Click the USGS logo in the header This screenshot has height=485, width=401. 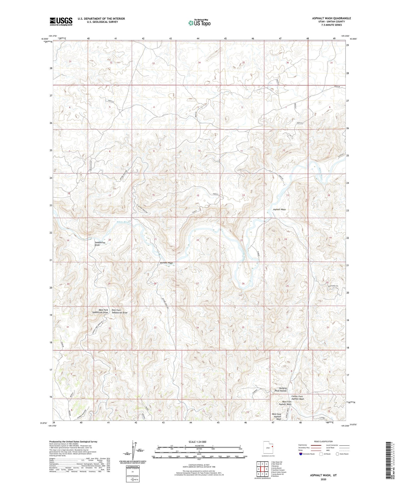[61, 21]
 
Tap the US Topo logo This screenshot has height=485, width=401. [199, 23]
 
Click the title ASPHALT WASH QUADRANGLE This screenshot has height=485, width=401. [331, 18]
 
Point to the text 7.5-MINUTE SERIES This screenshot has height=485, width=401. [331, 25]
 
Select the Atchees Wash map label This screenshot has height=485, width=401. [166, 263]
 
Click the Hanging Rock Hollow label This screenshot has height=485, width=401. [281, 389]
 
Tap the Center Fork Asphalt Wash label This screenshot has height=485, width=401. [297, 397]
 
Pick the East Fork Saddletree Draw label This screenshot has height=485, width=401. [120, 311]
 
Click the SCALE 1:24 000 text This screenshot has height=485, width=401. [197, 442]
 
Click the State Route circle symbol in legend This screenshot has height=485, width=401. [337, 454]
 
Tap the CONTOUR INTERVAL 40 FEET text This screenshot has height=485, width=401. [199, 466]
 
